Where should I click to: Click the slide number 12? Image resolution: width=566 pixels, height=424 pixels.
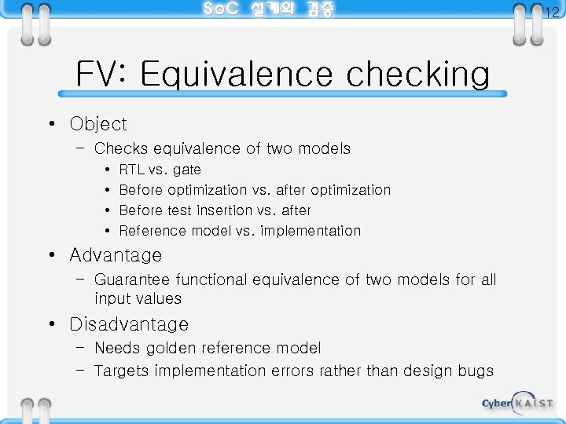click(552, 12)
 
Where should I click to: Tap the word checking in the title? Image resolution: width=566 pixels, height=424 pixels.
click(417, 75)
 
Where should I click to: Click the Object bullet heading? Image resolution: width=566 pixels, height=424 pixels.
click(97, 124)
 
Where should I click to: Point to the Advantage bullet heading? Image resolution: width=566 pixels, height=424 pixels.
click(116, 255)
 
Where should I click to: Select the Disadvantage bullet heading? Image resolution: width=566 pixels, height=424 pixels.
click(129, 324)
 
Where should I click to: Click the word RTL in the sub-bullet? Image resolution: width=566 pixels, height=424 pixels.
click(131, 170)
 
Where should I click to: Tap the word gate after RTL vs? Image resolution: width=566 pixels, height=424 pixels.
click(187, 170)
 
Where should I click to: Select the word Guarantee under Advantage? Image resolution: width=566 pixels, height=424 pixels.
click(132, 280)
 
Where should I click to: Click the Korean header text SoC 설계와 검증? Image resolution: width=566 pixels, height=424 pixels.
click(268, 9)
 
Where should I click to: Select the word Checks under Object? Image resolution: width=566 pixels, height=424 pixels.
click(121, 148)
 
